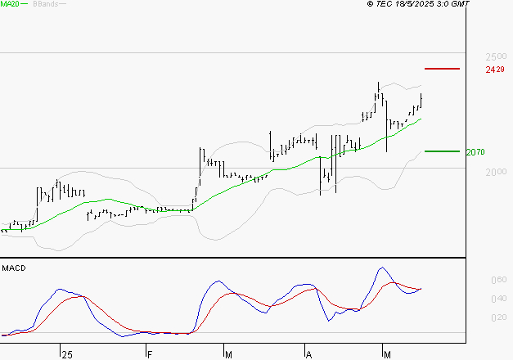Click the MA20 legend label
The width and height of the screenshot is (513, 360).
coord(10,4)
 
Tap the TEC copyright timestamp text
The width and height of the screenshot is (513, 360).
coord(418,4)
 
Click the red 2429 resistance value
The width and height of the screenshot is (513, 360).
coord(494,70)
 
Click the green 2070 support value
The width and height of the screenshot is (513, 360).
coord(475,152)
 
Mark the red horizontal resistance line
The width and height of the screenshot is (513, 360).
coord(443,69)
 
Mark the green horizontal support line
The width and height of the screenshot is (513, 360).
coord(443,151)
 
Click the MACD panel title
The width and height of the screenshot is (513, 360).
coord(13,268)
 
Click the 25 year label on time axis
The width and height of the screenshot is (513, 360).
coord(67,353)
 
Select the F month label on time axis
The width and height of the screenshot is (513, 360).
coord(149,353)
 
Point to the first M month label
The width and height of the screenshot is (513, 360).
coord(228,353)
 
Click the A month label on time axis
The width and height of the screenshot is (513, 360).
coord(308,353)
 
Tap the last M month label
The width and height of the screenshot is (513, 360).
coord(388,353)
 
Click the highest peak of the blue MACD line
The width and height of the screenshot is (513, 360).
coord(381,268)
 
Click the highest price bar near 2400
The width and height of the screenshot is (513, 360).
coord(379,83)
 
